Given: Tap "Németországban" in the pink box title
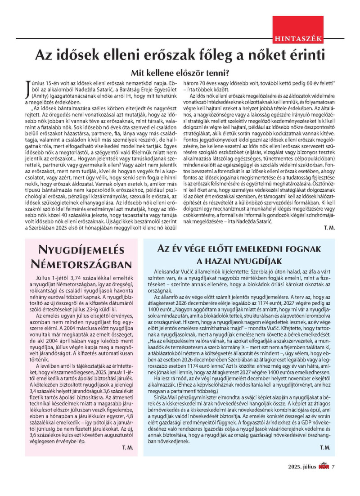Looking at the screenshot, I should [81, 263].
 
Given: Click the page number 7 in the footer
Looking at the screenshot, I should [333, 479].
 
